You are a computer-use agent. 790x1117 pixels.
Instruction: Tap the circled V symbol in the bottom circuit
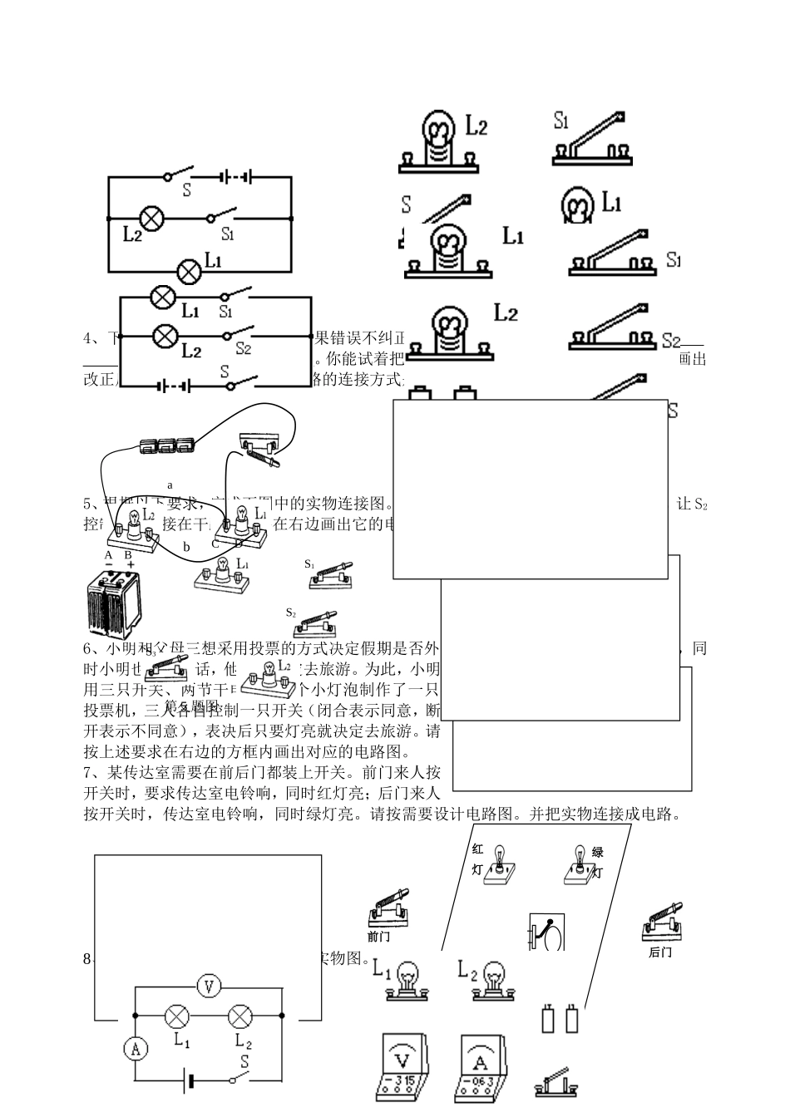pos(209,987)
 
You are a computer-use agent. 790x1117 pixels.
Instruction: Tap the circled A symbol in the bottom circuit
pos(135,1049)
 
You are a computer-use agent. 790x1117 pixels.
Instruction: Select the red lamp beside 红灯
pos(500,864)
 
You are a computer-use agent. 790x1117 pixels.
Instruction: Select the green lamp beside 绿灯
pos(580,864)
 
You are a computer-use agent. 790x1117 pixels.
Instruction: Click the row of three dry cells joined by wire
pos(169,445)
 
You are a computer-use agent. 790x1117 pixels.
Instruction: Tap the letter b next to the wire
pos(187,547)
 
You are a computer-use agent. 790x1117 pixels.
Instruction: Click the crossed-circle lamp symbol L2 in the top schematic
pos(151,218)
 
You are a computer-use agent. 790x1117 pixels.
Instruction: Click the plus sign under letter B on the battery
pos(131,564)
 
